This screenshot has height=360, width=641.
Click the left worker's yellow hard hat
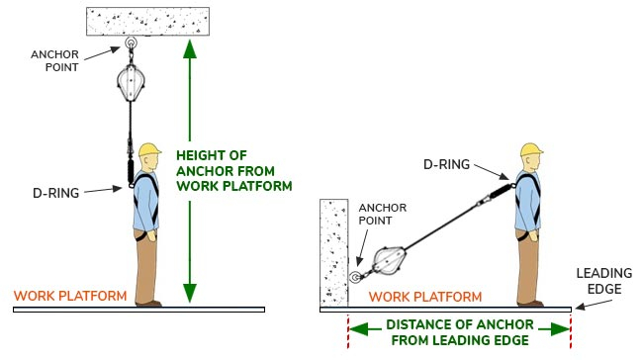[149, 149]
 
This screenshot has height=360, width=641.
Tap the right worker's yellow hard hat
[531, 149]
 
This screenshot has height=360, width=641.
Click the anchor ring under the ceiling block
[131, 43]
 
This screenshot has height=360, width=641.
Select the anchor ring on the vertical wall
[355, 278]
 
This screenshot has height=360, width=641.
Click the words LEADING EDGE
[604, 281]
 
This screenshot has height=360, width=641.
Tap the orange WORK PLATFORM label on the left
[70, 296]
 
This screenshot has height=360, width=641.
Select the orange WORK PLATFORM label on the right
[425, 297]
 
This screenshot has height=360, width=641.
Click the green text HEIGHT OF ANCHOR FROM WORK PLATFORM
[234, 171]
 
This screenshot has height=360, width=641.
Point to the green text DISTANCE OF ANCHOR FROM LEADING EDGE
[460, 332]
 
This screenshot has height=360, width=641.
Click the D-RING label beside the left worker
[56, 193]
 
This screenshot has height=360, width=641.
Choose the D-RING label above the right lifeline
[446, 164]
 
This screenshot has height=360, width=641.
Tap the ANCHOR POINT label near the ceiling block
[54, 60]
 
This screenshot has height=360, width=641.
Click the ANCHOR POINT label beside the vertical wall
[383, 214]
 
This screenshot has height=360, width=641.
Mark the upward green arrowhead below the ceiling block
[190, 49]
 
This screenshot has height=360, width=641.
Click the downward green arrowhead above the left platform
[190, 293]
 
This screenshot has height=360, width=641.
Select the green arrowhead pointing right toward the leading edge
[560, 329]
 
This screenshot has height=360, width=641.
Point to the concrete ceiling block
[148, 21]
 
